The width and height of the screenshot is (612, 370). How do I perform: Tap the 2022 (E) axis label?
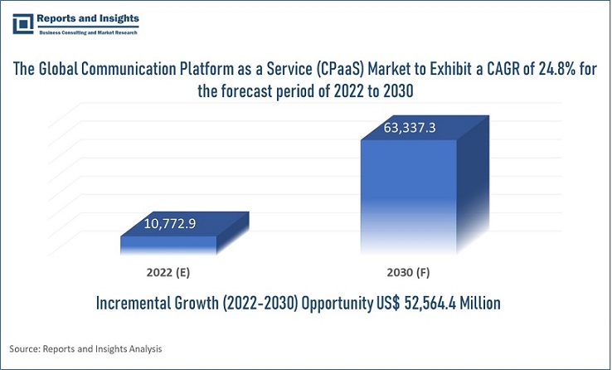coord(168,271)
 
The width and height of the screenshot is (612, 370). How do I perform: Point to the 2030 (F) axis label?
coord(407,271)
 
